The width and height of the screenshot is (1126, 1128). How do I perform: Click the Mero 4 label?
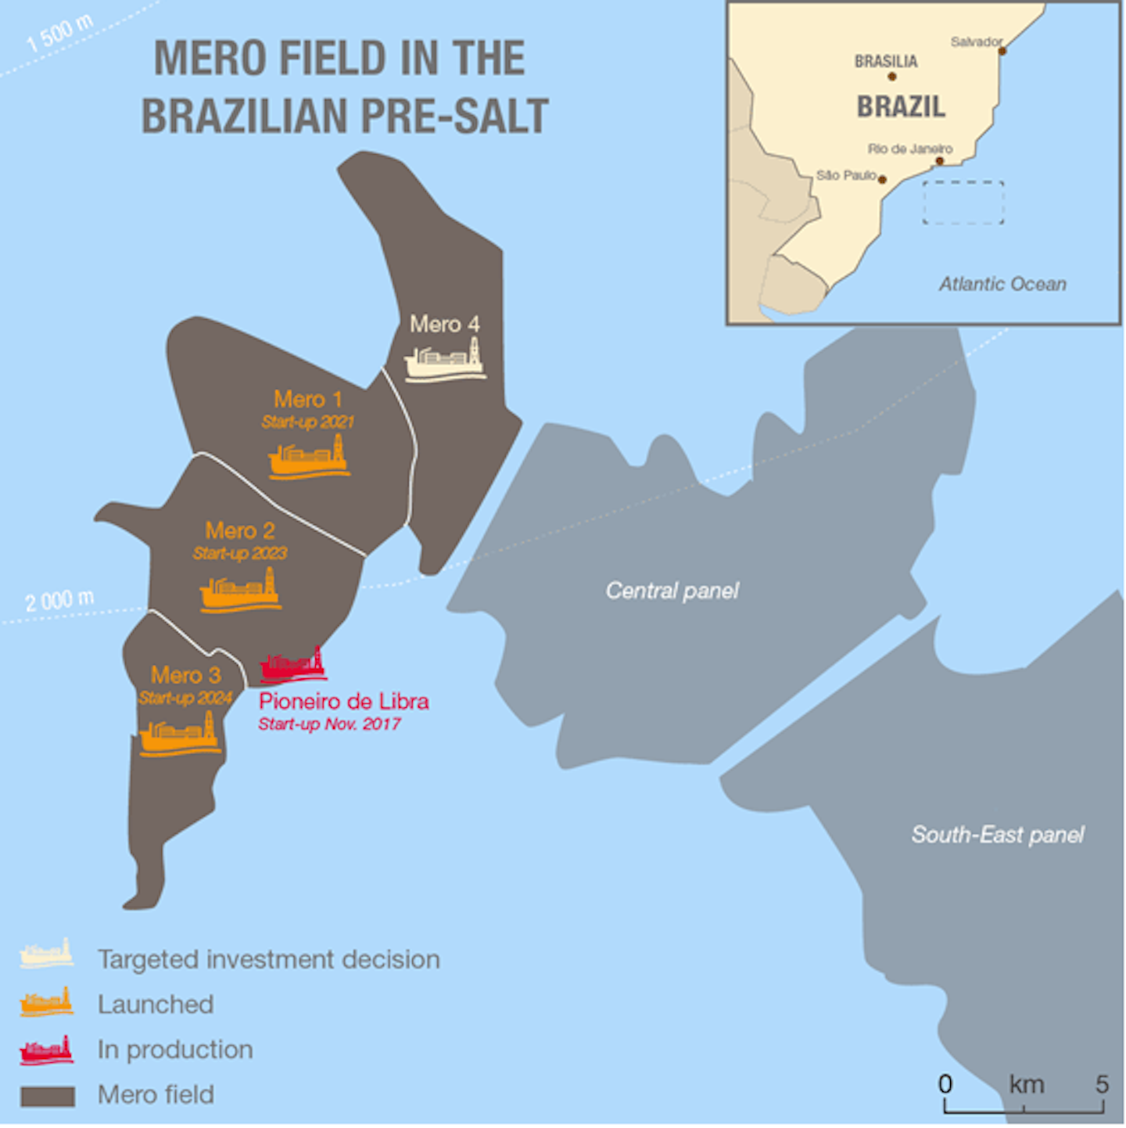pyautogui.click(x=444, y=324)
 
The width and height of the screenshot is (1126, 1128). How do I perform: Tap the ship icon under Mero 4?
pyautogui.click(x=445, y=361)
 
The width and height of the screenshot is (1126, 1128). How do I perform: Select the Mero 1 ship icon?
pyautogui.click(x=309, y=457)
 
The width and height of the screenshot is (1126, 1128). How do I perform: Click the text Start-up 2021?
pyautogui.click(x=307, y=422)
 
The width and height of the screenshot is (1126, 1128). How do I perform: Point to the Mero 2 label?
pyautogui.click(x=240, y=531)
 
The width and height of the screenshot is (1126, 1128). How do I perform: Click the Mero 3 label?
pyautogui.click(x=186, y=675)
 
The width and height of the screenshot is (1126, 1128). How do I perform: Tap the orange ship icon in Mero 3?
pyautogui.click(x=180, y=735)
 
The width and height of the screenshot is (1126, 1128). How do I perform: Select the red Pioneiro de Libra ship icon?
pyautogui.click(x=292, y=665)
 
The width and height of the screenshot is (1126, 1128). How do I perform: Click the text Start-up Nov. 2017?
pyautogui.click(x=329, y=724)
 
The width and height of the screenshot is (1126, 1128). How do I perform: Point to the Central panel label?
pyautogui.click(x=672, y=591)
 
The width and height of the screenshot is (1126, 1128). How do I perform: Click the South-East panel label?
pyautogui.click(x=998, y=835)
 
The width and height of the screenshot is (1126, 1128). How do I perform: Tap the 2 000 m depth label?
pyautogui.click(x=59, y=601)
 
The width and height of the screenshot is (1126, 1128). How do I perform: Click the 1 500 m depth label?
pyautogui.click(x=59, y=34)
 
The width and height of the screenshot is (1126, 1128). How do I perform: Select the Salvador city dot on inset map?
pyautogui.click(x=1002, y=51)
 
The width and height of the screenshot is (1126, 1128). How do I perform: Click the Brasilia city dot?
pyautogui.click(x=891, y=77)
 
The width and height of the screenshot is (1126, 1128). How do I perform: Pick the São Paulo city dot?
pyautogui.click(x=882, y=180)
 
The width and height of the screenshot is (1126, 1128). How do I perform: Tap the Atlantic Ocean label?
pyautogui.click(x=1002, y=284)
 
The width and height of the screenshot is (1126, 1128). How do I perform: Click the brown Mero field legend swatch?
pyautogui.click(x=48, y=1096)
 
